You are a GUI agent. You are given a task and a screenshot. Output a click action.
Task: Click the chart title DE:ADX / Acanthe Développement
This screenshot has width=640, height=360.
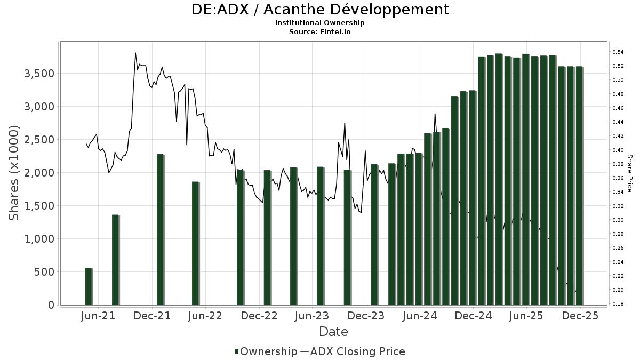(320, 10)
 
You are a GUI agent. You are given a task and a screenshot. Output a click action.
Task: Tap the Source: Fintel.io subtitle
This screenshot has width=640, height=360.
(320, 31)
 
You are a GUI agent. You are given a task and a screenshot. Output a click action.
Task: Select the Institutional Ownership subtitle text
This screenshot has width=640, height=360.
(320, 23)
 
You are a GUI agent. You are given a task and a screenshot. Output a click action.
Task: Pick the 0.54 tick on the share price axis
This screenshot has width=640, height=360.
(618, 52)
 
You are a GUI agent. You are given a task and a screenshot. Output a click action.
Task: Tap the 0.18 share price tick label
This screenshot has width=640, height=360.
(618, 304)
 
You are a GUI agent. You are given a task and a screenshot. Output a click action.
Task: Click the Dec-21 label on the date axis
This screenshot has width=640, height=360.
(153, 316)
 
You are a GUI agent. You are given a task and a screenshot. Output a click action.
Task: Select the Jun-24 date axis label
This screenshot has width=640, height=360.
(420, 316)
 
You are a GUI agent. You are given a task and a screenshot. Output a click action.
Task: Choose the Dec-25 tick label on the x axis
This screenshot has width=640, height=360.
(580, 316)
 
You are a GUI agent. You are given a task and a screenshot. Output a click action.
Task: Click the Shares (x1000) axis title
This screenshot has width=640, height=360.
(14, 173)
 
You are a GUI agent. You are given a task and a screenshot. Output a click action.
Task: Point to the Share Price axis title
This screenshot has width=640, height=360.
(629, 173)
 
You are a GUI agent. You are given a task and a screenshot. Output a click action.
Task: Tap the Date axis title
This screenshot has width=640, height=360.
(333, 332)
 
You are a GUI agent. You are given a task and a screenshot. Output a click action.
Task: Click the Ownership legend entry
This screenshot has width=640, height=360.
(266, 351)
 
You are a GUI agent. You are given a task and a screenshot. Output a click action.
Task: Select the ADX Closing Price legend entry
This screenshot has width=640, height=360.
(353, 351)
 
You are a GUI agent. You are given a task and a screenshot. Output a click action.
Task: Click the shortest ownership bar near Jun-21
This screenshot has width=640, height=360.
(89, 286)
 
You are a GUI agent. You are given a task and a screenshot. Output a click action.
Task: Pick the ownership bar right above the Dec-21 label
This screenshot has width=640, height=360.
(160, 230)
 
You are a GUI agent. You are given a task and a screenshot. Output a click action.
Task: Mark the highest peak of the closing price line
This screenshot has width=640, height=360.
(135, 53)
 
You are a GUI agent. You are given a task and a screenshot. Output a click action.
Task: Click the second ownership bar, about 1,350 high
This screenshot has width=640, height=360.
(115, 260)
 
